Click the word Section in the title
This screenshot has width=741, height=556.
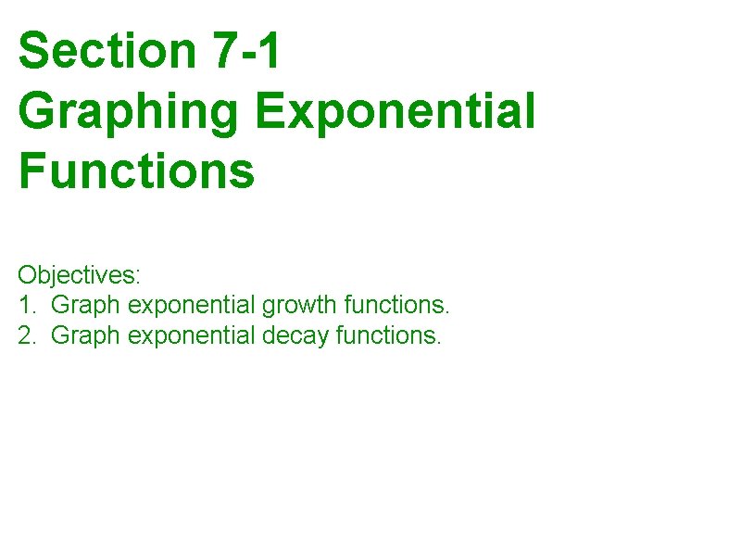(x=107, y=51)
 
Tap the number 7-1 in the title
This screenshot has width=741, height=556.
(x=245, y=51)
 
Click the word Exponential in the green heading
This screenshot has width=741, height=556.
(x=396, y=111)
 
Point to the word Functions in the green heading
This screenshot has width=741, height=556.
(x=135, y=171)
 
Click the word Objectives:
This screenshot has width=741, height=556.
(x=79, y=275)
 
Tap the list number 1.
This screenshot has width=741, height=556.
(x=25, y=305)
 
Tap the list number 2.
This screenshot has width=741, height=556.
(x=25, y=335)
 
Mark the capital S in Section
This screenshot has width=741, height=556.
(x=32, y=51)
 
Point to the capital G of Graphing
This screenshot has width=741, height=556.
(x=35, y=112)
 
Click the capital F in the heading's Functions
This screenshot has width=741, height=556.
(x=31, y=171)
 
